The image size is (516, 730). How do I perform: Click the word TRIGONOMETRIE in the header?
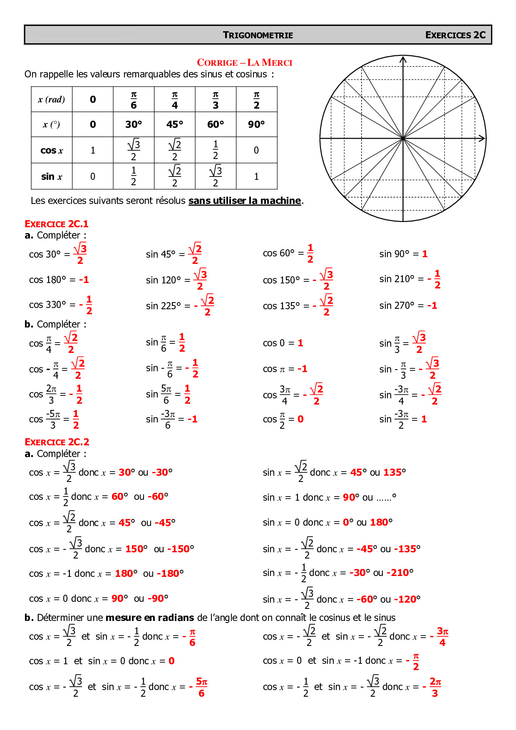pos(258,35)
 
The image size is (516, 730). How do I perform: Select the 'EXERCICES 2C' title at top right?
pos(455,35)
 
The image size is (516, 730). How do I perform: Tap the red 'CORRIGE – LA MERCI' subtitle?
pos(244,63)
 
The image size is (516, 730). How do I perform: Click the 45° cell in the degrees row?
pos(174,124)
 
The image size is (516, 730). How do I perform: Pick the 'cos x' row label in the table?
pos(52,150)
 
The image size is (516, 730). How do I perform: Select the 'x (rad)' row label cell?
pos(52,99)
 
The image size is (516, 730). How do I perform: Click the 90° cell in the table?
pos(256,124)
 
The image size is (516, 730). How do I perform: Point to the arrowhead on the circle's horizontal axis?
pos(482,138)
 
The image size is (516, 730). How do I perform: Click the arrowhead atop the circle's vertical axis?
pos(403,60)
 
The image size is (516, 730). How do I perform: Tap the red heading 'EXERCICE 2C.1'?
pos(57,224)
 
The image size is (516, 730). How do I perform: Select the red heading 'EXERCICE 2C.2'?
pos(57,442)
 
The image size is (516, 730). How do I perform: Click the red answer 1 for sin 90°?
pos(424,254)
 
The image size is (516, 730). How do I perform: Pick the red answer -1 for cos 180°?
pos(84,280)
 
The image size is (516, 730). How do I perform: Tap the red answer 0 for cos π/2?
pos(300,419)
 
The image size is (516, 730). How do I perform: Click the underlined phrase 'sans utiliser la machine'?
pos(245,201)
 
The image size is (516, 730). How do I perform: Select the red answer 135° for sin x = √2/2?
pos(394,472)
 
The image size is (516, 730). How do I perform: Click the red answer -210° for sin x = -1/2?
pos(400,573)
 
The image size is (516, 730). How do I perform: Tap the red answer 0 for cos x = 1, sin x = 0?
pos(171,661)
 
